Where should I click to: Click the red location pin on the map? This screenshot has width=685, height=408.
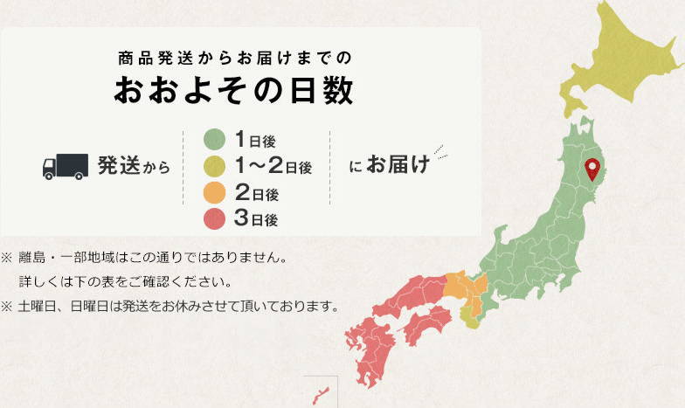pyautogui.click(x=593, y=166)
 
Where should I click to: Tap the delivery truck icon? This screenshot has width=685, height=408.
pyautogui.click(x=66, y=165)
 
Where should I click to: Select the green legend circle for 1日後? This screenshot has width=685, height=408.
pyautogui.click(x=215, y=139)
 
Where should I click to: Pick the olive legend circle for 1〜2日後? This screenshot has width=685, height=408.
pyautogui.click(x=215, y=166)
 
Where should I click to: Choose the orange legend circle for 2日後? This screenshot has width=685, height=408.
pyautogui.click(x=215, y=193)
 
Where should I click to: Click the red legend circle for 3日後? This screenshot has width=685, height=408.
pyautogui.click(x=215, y=219)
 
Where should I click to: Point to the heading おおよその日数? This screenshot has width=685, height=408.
pyautogui.click(x=234, y=92)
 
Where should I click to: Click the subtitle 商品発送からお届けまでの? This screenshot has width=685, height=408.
pyautogui.click(x=234, y=59)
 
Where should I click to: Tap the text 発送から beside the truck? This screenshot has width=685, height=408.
pyautogui.click(x=133, y=165)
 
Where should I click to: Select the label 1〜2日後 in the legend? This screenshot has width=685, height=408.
pyautogui.click(x=273, y=166)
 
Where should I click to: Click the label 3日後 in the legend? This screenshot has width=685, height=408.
pyautogui.click(x=256, y=219)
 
